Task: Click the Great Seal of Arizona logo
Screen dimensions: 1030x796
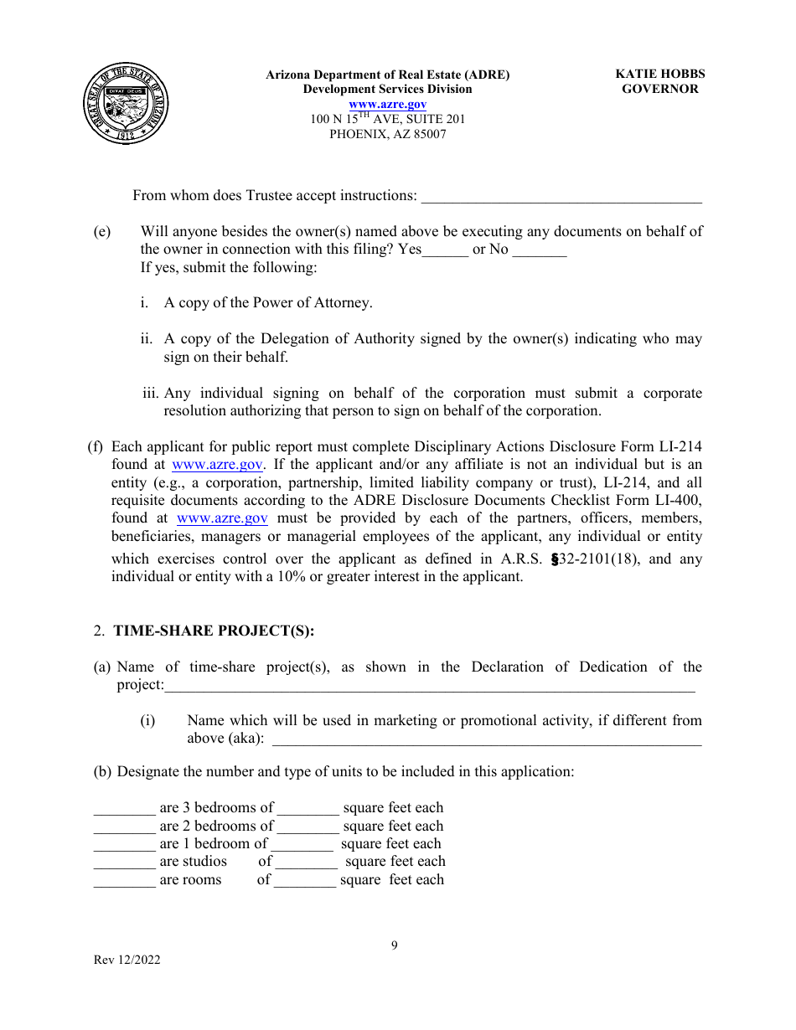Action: [x=126, y=104]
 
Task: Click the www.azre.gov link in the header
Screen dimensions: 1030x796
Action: [x=387, y=104]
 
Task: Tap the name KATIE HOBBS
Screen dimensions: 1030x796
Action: [x=659, y=75]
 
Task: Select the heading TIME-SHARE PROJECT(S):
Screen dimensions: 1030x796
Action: [x=214, y=631]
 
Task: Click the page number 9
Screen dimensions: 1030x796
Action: [x=395, y=945]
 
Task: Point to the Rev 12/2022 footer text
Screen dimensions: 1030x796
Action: [x=127, y=960]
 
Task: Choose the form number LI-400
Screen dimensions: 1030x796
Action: [x=680, y=501]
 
